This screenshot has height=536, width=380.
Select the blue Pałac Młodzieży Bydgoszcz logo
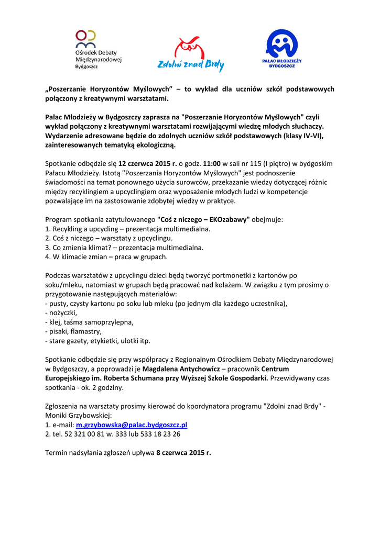[281, 49]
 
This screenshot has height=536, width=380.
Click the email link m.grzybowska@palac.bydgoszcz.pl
[132, 425]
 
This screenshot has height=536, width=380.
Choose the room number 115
[262, 163]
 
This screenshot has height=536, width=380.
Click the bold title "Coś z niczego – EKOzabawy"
[203, 219]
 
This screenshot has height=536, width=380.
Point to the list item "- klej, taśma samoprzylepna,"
[90, 322]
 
